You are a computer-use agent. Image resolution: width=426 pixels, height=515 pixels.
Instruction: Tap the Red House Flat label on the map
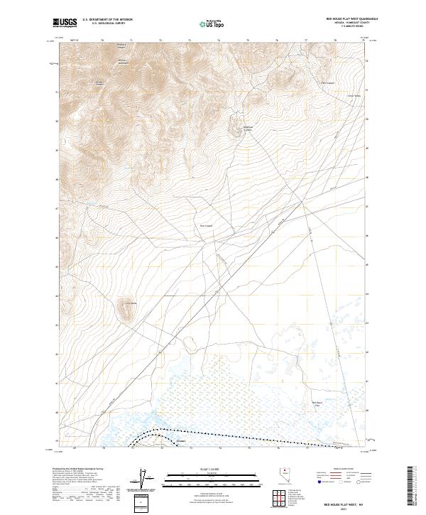318,404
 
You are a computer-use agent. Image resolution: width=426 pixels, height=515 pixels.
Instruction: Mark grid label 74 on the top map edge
219,41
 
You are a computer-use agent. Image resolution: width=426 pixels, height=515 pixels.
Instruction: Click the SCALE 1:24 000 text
198,469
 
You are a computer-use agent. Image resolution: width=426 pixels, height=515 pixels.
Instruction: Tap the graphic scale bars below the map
198,479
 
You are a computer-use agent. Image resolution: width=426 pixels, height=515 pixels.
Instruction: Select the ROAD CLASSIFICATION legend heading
340,470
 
